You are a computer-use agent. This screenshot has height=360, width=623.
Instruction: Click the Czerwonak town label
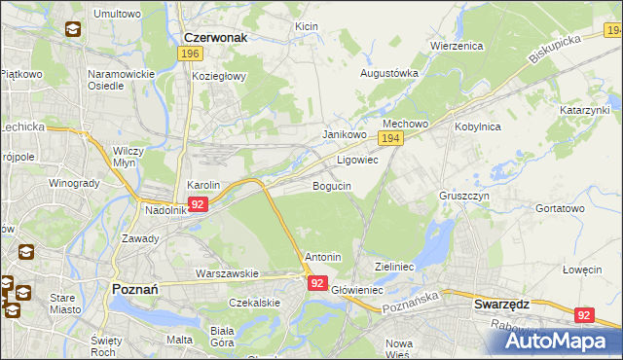click(216, 37)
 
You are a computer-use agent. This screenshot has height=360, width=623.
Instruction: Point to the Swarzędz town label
click(501, 304)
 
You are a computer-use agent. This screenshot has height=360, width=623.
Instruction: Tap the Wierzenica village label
click(457, 46)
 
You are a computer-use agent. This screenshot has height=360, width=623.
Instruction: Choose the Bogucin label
click(332, 185)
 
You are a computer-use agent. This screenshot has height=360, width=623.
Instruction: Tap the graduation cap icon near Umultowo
click(74, 29)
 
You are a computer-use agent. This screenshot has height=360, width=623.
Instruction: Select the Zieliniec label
click(395, 266)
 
